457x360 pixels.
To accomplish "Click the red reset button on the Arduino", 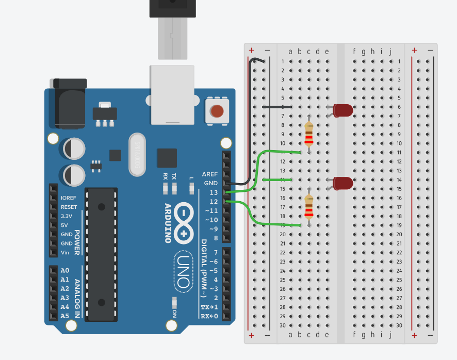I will (217, 111).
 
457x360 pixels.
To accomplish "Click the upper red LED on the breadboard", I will (343, 110).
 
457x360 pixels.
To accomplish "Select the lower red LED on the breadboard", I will (343, 183).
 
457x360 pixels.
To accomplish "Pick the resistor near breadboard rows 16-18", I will (309, 207).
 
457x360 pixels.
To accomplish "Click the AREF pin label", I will (210, 174).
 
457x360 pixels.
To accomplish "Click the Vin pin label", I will (65, 253).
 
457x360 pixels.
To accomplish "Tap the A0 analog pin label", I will (64, 270).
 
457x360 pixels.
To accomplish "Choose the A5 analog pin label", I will (64, 316).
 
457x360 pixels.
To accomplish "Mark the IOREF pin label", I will (69, 198).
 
